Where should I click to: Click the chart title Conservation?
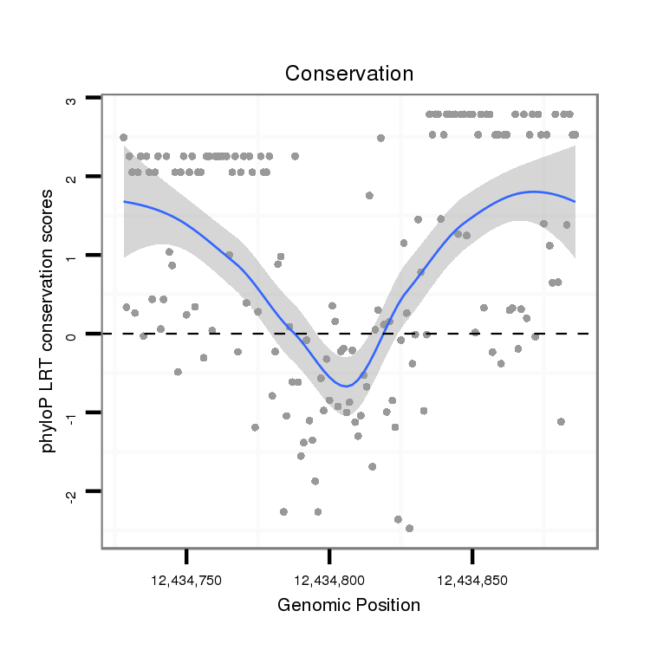pyautogui.click(x=349, y=74)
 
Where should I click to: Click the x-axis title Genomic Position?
pyautogui.click(x=348, y=604)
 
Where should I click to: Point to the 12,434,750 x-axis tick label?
pyautogui.click(x=186, y=578)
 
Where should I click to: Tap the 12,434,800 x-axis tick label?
pyautogui.click(x=329, y=578)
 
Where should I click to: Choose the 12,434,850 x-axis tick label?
pyautogui.click(x=472, y=578)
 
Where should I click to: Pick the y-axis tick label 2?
pyautogui.click(x=72, y=177)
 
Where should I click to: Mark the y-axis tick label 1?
pyautogui.click(x=72, y=256)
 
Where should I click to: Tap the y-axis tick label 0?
pyautogui.click(x=72, y=334)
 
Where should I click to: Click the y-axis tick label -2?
pyautogui.click(x=72, y=493)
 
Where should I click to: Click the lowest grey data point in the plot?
pyautogui.click(x=409, y=528)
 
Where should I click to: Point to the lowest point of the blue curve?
pyautogui.click(x=345, y=387)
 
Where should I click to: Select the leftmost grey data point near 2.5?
pyautogui.click(x=123, y=138)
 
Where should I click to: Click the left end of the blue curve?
pyautogui.click(x=124, y=201)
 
